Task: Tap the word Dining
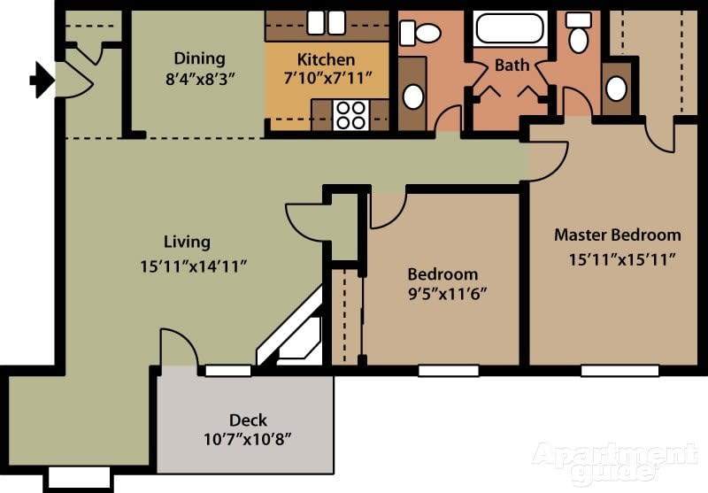pyautogui.click(x=199, y=59)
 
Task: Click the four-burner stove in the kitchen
pyautogui.click(x=350, y=115)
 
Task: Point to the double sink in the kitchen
pyautogui.click(x=327, y=22)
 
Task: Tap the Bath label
pyautogui.click(x=512, y=65)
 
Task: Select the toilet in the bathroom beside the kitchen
pyautogui.click(x=420, y=34)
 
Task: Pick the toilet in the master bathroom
pyautogui.click(x=578, y=34)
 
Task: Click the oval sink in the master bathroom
pyautogui.click(x=617, y=89)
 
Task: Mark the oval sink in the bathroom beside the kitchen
pyautogui.click(x=412, y=95)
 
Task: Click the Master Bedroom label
pyautogui.click(x=617, y=235)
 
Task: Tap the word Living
pyautogui.click(x=187, y=242)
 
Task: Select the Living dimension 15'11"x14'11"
pyautogui.click(x=192, y=265)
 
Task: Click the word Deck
pyautogui.click(x=248, y=420)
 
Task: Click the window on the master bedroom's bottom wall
pyautogui.click(x=619, y=370)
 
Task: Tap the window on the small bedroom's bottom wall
pyautogui.click(x=448, y=370)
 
